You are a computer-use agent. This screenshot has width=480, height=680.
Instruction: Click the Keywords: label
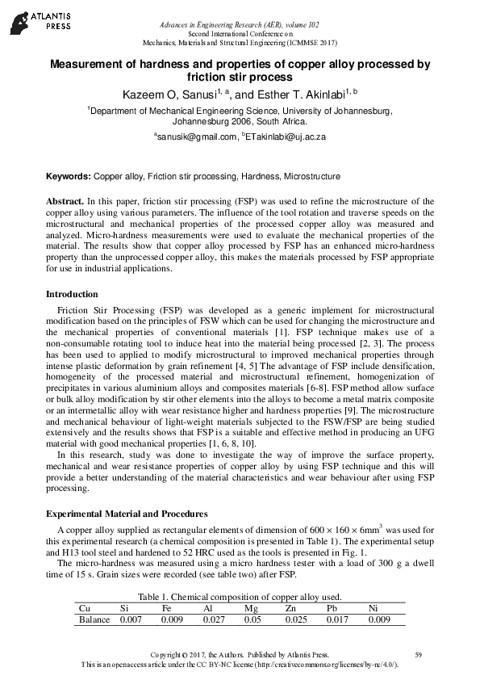tap(69, 176)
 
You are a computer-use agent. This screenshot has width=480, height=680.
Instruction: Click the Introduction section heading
tap(72, 294)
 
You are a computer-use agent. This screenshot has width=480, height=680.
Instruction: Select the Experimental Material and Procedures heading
tap(127, 514)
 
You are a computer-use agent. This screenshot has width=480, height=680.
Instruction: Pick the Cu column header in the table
tap(83, 607)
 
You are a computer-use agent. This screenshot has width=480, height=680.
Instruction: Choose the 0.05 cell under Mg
tap(253, 619)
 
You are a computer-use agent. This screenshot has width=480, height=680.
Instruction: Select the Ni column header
tap(373, 607)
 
